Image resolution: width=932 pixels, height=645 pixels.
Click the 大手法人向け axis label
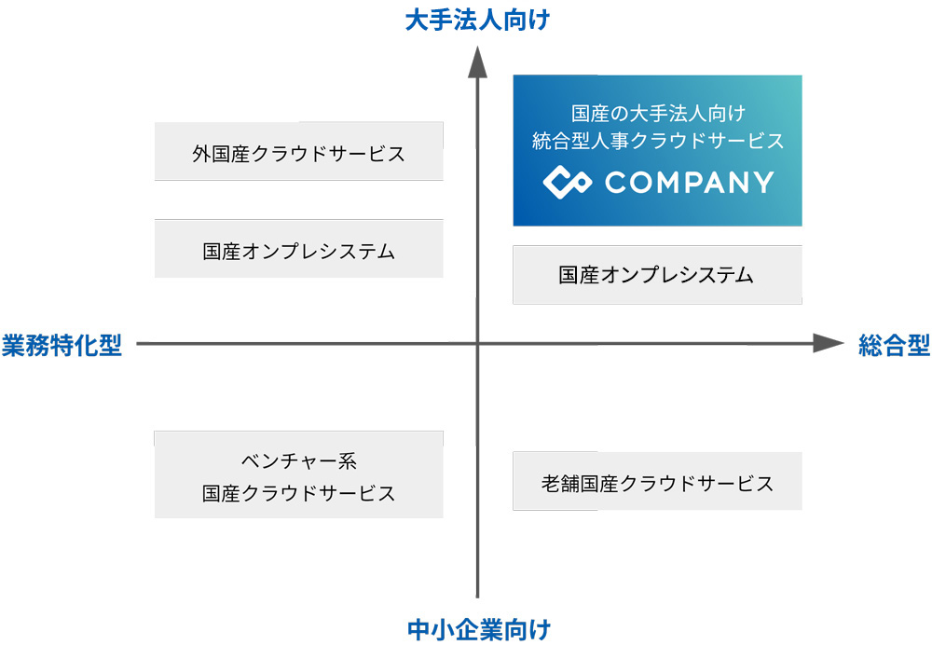(x=478, y=21)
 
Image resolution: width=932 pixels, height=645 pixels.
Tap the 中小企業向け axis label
(x=478, y=629)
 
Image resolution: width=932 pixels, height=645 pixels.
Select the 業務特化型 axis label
(x=62, y=345)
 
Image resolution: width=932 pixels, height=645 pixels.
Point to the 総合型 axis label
(x=894, y=345)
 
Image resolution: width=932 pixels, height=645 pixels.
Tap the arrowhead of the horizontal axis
(x=827, y=344)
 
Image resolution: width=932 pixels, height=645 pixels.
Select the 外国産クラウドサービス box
(x=298, y=152)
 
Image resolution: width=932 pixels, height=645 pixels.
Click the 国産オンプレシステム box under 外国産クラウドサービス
(x=298, y=250)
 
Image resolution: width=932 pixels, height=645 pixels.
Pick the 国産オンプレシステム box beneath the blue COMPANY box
(x=657, y=275)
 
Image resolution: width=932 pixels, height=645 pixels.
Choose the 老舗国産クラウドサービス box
(x=657, y=483)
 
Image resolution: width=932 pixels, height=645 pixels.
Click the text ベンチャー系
(x=298, y=460)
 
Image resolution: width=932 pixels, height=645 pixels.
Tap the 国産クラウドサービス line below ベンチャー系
(x=298, y=493)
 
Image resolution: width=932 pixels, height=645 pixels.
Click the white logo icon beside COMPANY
(x=567, y=182)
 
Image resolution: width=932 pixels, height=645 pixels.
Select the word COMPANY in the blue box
(x=689, y=182)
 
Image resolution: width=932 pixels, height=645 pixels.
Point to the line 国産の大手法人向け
(x=657, y=114)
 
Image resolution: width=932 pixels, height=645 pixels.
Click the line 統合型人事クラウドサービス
(x=657, y=142)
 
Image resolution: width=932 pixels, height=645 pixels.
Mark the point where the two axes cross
(x=478, y=344)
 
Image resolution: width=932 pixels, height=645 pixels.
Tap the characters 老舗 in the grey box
(x=559, y=483)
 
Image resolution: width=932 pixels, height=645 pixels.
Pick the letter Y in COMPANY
(x=762, y=182)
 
